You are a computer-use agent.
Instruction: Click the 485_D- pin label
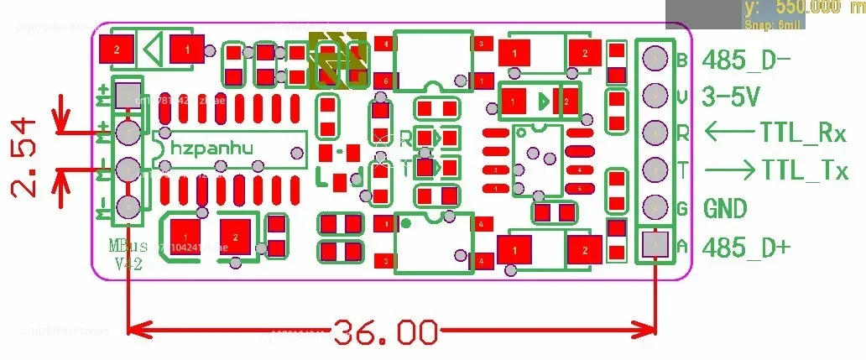click(745, 60)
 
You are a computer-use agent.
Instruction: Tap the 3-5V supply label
click(732, 97)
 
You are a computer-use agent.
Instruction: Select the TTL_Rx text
click(804, 133)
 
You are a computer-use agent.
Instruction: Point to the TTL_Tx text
click(805, 170)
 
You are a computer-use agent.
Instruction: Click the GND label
click(725, 208)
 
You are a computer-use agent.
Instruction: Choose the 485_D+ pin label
click(746, 247)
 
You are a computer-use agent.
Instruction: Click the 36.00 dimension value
click(386, 333)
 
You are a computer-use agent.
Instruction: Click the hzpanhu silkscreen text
click(211, 147)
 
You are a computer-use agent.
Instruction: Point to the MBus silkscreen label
click(128, 246)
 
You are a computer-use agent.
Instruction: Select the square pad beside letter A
click(654, 244)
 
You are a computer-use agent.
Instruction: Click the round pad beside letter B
click(654, 59)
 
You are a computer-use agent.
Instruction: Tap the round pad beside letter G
click(654, 207)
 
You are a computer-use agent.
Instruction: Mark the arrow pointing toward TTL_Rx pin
click(729, 132)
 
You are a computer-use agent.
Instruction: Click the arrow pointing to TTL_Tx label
click(729, 170)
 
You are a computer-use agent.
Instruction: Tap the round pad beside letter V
click(654, 96)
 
